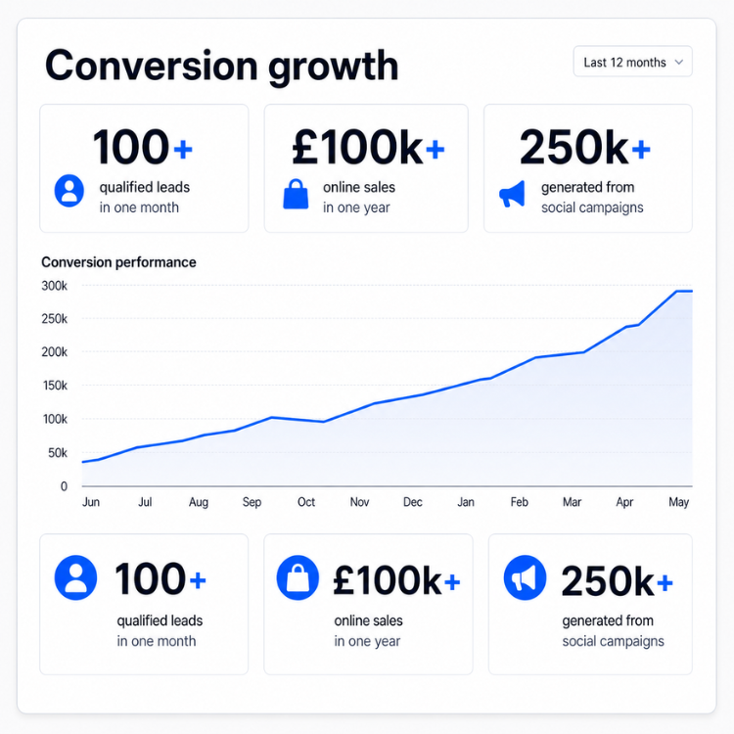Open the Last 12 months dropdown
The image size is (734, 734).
[632, 62]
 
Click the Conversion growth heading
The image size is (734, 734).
[221, 67]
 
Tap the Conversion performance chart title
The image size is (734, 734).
[118, 262]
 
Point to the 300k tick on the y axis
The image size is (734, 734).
[54, 286]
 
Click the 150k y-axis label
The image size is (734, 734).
[55, 386]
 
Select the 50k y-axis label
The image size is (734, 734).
[58, 453]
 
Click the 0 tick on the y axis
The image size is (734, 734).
[65, 486]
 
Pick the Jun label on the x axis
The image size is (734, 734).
[91, 502]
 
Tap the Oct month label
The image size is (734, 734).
[306, 502]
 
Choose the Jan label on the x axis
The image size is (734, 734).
[466, 502]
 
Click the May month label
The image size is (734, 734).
[678, 502]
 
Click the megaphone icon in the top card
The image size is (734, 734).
[512, 194]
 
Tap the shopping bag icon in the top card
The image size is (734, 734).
[296, 194]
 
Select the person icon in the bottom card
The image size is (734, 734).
[75, 577]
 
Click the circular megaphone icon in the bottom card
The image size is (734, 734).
[525, 577]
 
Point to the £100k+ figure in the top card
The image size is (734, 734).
[368, 148]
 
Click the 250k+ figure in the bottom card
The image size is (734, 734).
[617, 581]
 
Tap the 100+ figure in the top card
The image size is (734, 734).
[143, 147]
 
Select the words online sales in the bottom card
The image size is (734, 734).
[368, 620]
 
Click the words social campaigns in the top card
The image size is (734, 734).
[592, 207]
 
